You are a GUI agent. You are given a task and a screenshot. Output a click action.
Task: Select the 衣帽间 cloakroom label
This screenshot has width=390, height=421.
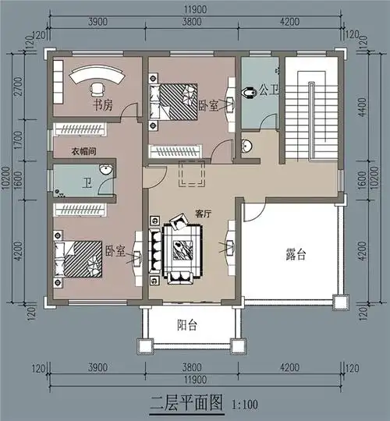[84, 151]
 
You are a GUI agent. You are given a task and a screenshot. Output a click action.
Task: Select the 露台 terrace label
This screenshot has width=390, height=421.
[296, 255]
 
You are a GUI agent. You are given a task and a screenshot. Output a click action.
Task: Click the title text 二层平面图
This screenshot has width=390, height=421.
[186, 404]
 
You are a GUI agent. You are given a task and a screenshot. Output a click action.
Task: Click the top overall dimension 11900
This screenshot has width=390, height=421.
[194, 9]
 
